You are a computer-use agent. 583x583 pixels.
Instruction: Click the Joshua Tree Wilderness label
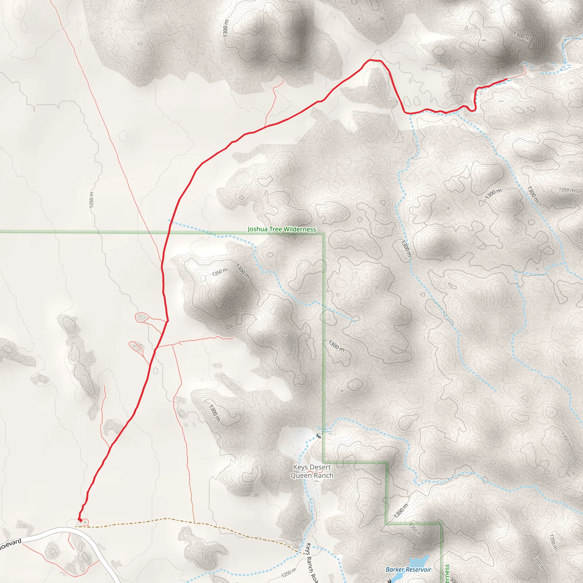coord(282,229)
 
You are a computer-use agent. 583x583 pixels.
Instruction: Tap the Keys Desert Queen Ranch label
coord(312,471)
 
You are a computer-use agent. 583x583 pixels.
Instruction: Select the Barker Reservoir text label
coord(408,569)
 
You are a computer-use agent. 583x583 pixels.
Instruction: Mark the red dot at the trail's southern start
coord(80,520)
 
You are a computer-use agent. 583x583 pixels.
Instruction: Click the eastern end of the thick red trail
coord(506,79)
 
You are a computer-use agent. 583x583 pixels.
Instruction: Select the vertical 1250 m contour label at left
coord(91,200)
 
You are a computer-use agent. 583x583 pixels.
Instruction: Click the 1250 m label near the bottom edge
coord(288,572)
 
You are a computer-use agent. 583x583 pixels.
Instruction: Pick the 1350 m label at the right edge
coord(566,190)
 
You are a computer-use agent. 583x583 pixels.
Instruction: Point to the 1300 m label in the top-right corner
coord(522,36)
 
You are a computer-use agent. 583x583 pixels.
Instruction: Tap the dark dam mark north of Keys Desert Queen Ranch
coord(318,436)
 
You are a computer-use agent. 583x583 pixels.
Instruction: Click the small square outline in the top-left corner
coord(79,24)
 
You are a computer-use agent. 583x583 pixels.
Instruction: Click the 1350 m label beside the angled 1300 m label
coord(219,272)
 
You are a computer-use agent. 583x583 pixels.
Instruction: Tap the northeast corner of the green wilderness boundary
coord(323,233)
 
